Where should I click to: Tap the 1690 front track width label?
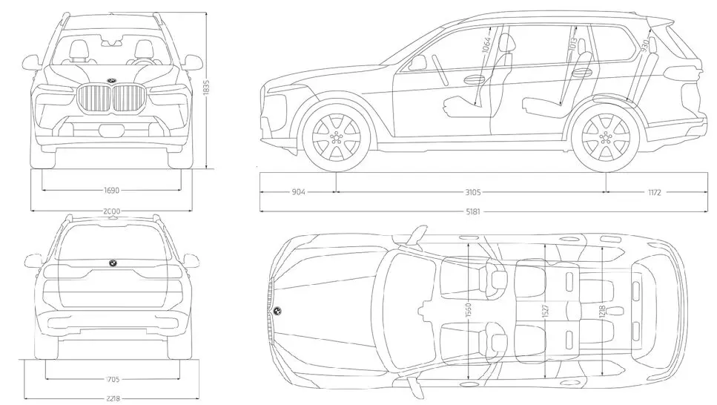pos(112,190)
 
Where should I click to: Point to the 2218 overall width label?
pos(112,398)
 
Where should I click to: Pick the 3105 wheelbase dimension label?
pos(472,192)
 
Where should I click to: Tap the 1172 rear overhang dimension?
pos(654,192)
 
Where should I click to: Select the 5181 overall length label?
pos(472,211)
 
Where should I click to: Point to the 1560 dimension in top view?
pos(469,311)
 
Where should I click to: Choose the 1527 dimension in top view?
pos(546,311)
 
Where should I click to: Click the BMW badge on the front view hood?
pos(112,81)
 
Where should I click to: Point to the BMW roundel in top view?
pos(277,312)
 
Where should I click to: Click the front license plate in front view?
pos(112,131)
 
